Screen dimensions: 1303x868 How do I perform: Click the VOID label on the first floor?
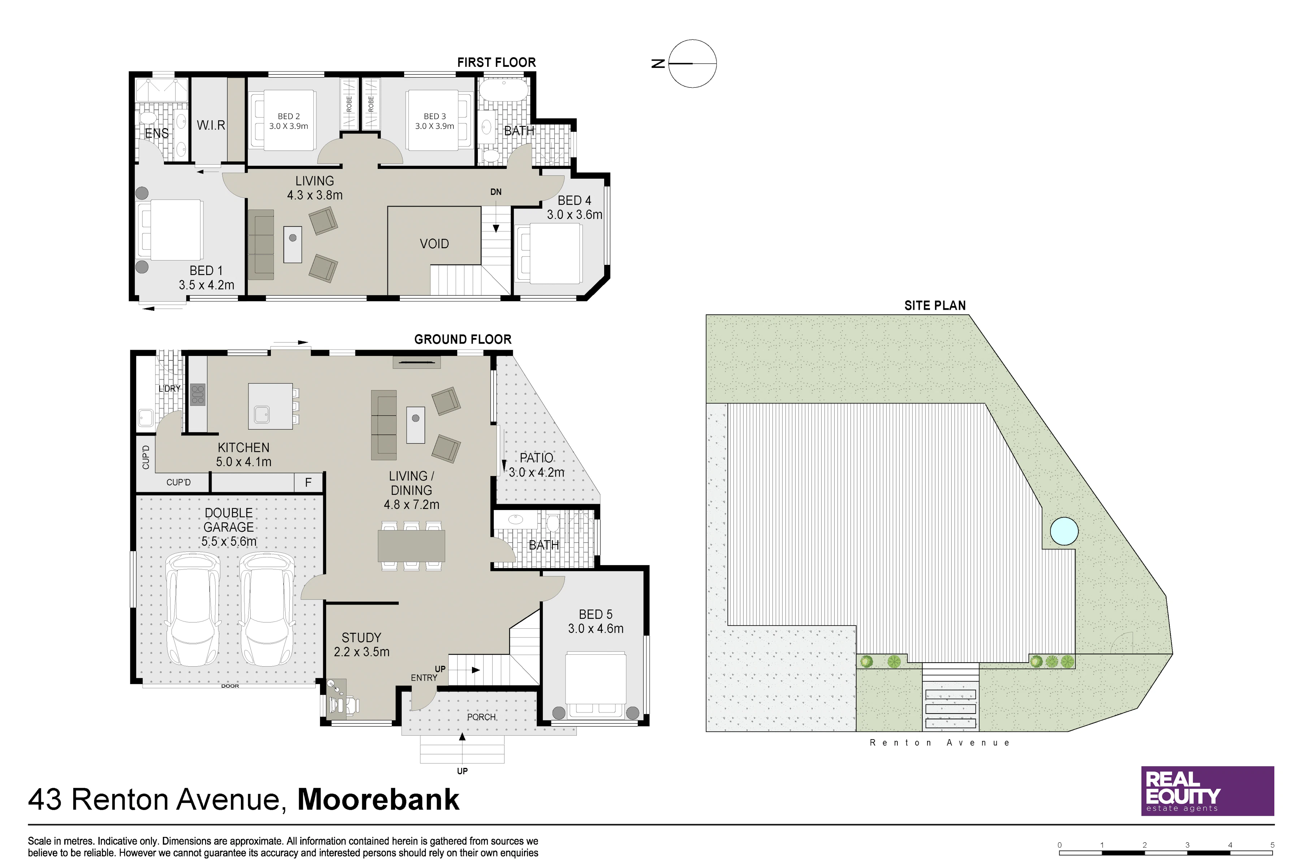(434, 244)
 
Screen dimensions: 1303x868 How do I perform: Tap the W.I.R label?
(211, 125)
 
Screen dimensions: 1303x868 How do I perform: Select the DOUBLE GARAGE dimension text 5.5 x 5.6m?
(229, 541)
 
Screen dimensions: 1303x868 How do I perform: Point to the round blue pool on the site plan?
(1064, 531)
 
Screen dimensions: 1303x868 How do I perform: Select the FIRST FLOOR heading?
(496, 62)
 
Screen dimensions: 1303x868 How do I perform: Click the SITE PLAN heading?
(935, 306)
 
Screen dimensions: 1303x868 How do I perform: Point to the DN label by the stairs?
(495, 192)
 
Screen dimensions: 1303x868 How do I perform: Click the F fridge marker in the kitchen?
(308, 483)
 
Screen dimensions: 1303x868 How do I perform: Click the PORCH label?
(481, 717)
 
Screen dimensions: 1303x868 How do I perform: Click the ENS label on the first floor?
(157, 134)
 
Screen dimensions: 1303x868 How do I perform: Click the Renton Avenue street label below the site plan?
(940, 743)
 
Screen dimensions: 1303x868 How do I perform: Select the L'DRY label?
(169, 389)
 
